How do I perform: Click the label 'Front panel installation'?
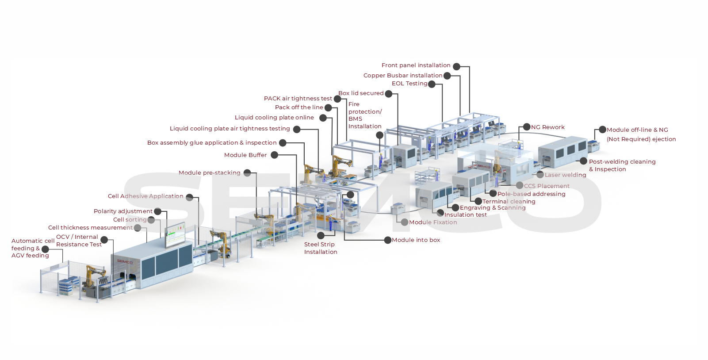tap(416, 65)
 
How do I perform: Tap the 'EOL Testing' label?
tap(409, 84)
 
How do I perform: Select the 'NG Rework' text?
tap(547, 127)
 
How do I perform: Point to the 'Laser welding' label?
tap(565, 175)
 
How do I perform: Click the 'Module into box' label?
tap(416, 240)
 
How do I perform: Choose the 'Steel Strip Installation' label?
tap(321, 248)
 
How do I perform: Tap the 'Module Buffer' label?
tap(245, 155)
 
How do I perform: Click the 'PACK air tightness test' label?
tap(298, 99)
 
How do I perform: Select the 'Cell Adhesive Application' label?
tap(145, 196)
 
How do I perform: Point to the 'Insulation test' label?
tap(465, 215)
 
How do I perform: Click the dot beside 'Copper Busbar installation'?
tap(447, 76)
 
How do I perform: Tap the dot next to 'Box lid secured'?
tap(388, 93)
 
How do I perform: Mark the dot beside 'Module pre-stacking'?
tap(247, 173)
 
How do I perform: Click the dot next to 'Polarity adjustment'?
tap(157, 211)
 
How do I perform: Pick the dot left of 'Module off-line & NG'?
tap(602, 130)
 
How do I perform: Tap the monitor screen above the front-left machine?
tap(175, 235)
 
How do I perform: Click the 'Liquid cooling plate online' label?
tap(274, 118)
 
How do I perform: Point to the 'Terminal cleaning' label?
tap(509, 202)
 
